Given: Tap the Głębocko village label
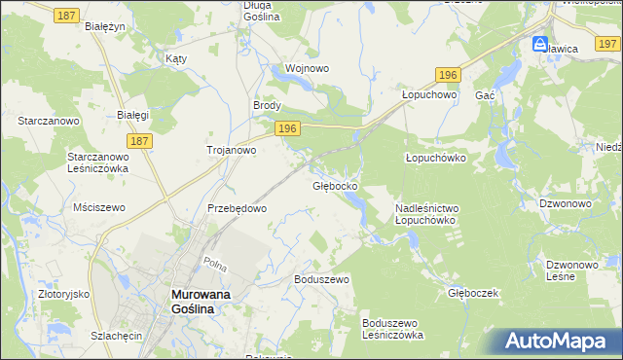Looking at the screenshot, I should (335, 185).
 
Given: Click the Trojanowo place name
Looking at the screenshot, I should (231, 150).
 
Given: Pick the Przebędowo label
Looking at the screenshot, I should (237, 208).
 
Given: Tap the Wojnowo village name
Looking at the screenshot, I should (307, 69).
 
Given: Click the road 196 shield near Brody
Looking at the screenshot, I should (286, 128).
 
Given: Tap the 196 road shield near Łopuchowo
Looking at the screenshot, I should (447, 75).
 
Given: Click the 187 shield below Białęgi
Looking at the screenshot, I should (139, 141).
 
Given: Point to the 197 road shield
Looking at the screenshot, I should (608, 44).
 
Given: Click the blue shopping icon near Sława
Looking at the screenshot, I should (539, 44).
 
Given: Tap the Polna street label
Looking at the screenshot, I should (214, 265).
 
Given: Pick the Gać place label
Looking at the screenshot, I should (486, 95).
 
